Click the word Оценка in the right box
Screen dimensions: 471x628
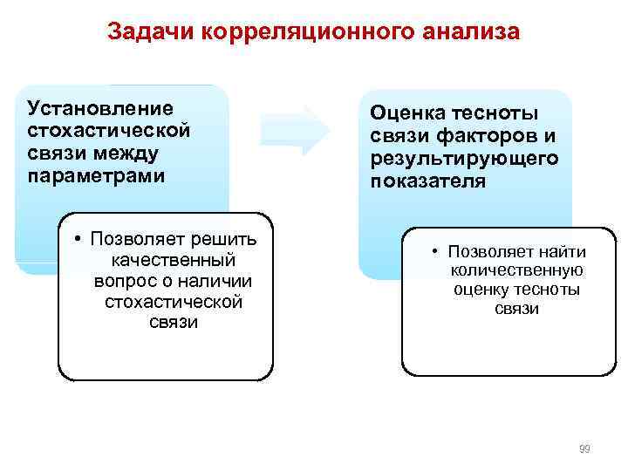point(408,113)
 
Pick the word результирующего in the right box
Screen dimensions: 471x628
point(464,160)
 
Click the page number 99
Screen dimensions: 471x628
point(584,448)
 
